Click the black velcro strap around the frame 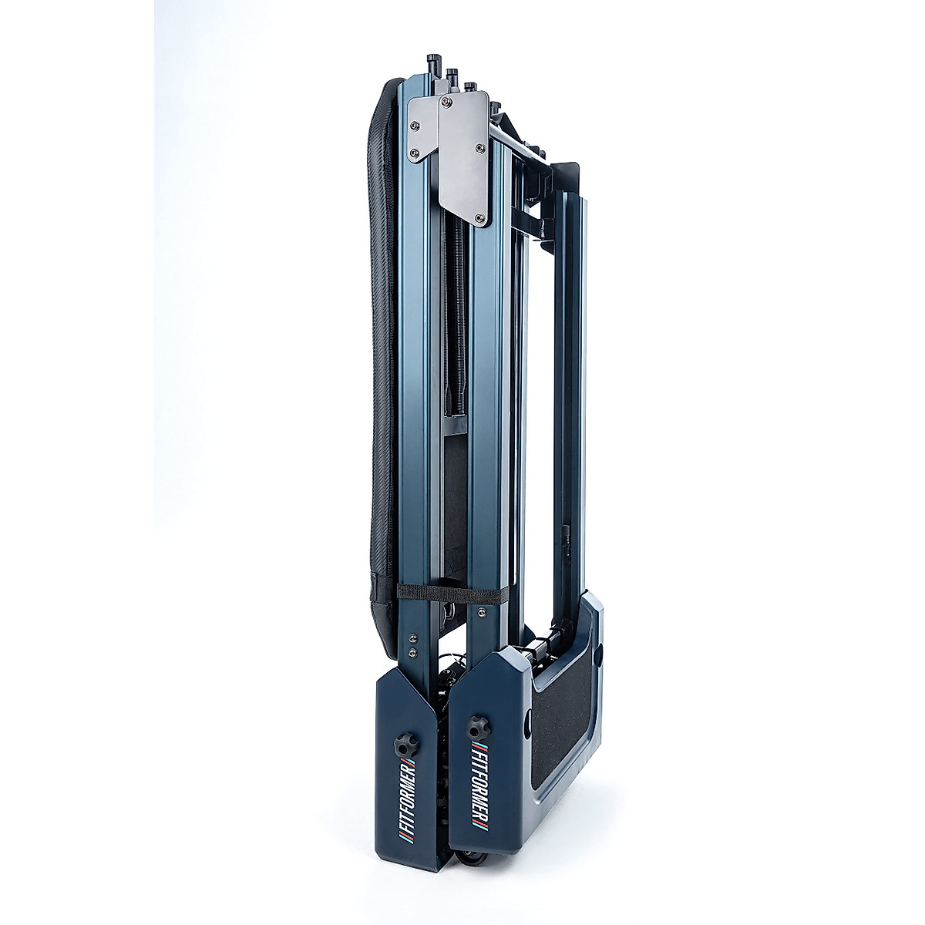pyautogui.click(x=452, y=594)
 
